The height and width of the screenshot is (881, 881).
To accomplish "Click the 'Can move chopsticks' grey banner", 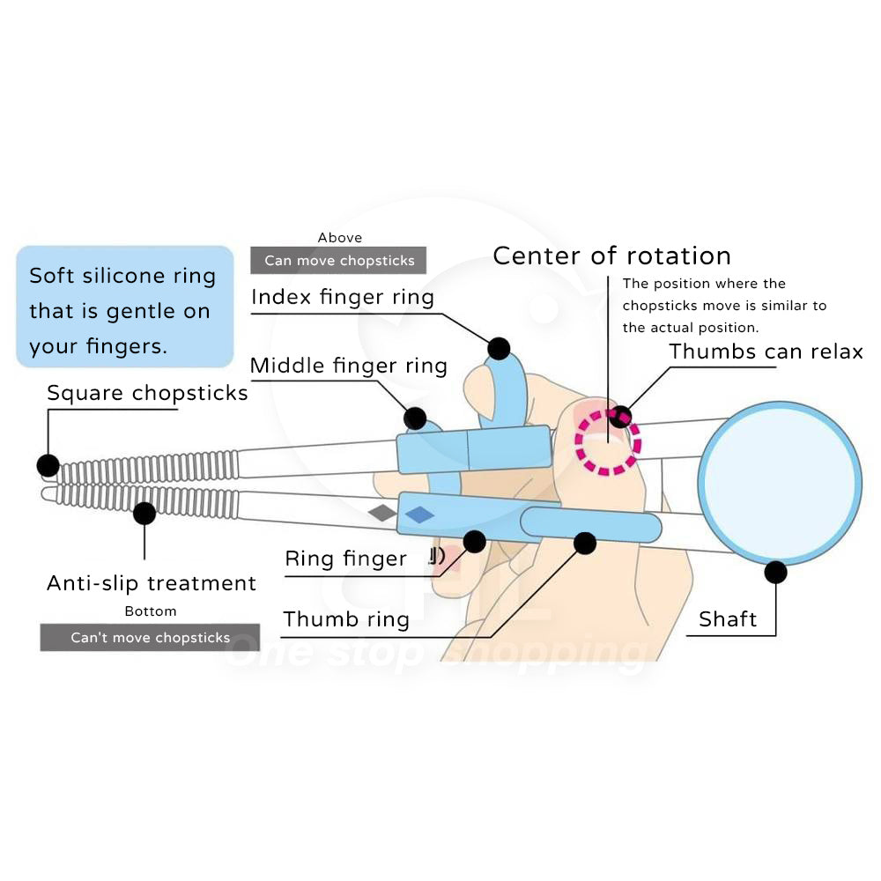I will pyautogui.click(x=338, y=261).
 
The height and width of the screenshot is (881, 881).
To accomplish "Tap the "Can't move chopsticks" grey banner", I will pyautogui.click(x=150, y=637).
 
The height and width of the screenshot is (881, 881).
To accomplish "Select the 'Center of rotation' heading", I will pyautogui.click(x=611, y=255).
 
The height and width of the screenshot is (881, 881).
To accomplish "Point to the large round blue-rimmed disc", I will pyautogui.click(x=780, y=482).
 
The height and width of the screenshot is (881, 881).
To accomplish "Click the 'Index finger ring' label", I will pyautogui.click(x=343, y=297).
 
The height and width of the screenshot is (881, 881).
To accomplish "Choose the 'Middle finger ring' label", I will pyautogui.click(x=349, y=365).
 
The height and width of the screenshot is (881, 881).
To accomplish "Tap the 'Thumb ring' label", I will pyautogui.click(x=346, y=619).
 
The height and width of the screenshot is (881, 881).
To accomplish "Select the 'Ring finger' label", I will pyautogui.click(x=345, y=558).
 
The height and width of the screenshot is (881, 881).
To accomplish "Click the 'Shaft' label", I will pyautogui.click(x=728, y=619).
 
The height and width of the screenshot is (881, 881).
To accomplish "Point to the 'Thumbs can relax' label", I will pyautogui.click(x=766, y=351).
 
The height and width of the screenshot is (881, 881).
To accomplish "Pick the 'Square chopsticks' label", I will pyautogui.click(x=147, y=393).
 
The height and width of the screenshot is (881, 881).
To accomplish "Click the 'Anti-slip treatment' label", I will pyautogui.click(x=152, y=582).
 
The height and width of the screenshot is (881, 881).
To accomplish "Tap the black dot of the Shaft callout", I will pyautogui.click(x=775, y=573).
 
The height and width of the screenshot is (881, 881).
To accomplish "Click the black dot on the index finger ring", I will pyautogui.click(x=499, y=348).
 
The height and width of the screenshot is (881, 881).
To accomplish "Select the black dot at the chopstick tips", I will pyautogui.click(x=48, y=464).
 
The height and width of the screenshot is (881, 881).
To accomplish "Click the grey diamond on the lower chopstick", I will pyautogui.click(x=382, y=512).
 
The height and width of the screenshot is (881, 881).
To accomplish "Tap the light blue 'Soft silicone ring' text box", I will pyautogui.click(x=124, y=307).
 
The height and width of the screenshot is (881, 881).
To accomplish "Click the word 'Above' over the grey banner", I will pyautogui.click(x=339, y=238).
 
